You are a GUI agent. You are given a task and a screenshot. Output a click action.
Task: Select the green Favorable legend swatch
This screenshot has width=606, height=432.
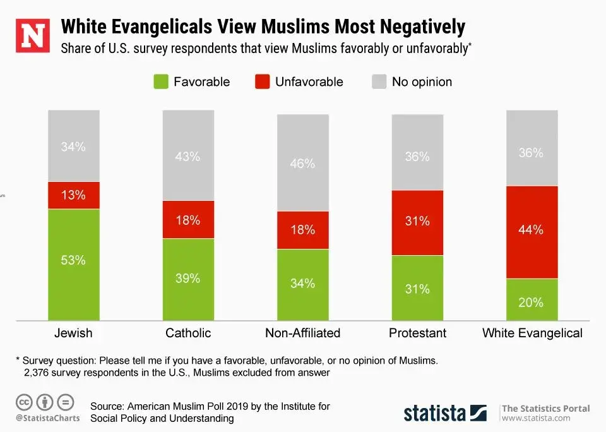coord(162,81)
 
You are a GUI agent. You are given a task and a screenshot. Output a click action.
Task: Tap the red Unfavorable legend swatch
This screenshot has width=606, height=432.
coord(263,81)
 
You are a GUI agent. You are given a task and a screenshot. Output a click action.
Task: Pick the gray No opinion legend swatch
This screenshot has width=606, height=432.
coord(379,81)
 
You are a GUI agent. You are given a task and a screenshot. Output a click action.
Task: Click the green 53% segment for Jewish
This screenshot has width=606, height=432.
coord(73,264)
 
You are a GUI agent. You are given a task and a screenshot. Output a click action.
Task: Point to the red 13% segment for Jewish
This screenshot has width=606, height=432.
coord(73,195)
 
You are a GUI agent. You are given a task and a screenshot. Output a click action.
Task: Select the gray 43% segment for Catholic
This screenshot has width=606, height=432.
coord(188,155)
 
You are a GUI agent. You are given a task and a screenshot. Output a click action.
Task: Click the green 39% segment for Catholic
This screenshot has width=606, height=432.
coord(188,279)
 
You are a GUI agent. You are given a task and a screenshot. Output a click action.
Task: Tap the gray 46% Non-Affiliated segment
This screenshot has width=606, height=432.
coord(303,163)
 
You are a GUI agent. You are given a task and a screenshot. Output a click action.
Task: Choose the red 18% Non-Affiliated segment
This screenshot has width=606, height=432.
coord(303,230)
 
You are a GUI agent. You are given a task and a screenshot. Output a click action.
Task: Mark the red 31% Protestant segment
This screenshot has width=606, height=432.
coord(417,222)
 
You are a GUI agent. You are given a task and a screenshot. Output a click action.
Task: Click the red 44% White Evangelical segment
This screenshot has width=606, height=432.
coord(532,232)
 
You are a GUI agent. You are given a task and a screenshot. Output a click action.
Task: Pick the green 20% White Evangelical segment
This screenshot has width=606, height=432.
coord(532,299)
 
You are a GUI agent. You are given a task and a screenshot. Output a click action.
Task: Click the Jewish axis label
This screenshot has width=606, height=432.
coord(73,333)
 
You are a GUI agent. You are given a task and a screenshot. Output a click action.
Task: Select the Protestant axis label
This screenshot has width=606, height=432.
coord(417,333)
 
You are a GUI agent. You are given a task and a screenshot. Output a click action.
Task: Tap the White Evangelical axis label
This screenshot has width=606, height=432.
coord(532,333)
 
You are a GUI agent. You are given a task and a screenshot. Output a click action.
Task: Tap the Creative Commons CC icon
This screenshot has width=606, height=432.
coord(25,402)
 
